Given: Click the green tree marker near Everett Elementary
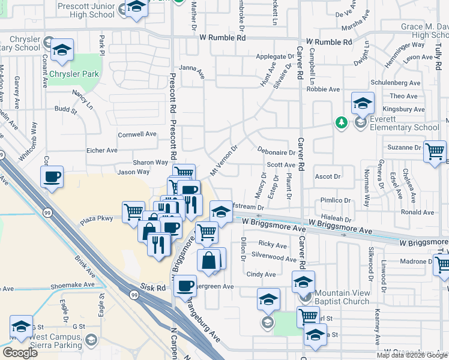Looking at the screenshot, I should [342, 122].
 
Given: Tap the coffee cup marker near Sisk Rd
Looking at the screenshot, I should [185, 285].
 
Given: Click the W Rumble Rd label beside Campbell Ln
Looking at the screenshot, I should [328, 42].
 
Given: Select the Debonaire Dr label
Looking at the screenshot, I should [276, 152].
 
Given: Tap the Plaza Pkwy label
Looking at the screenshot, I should [97, 219].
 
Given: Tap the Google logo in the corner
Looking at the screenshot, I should [19, 353].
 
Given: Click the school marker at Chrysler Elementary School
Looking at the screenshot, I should [61, 50].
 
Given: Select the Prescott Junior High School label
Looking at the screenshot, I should [86, 9].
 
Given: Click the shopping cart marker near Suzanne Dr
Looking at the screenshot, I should [435, 151].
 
